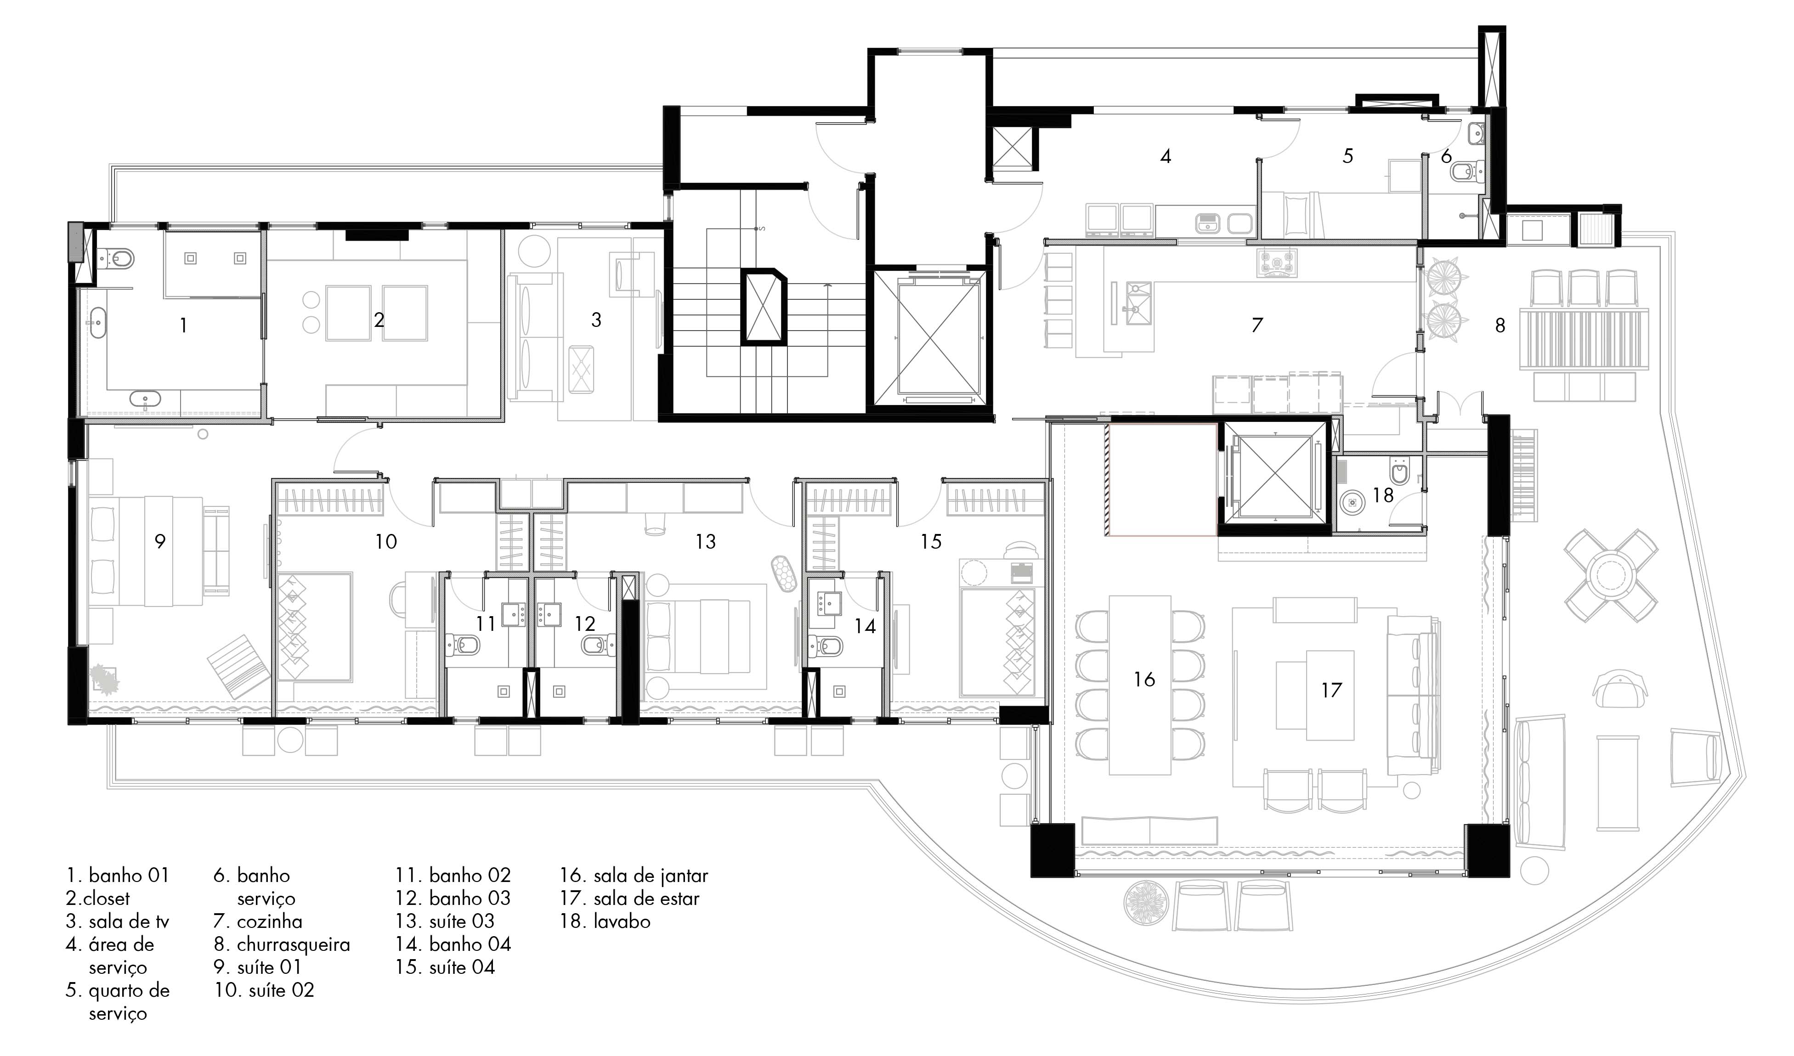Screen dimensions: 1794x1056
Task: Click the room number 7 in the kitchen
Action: [x=1257, y=325]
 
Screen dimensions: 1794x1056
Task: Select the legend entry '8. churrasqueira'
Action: [x=282, y=944]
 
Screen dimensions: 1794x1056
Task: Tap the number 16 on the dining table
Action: [x=1144, y=680]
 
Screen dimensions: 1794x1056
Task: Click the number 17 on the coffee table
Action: [x=1331, y=690]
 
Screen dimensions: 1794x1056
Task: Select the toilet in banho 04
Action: [x=826, y=646]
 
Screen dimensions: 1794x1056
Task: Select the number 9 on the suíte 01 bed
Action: [x=160, y=541]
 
